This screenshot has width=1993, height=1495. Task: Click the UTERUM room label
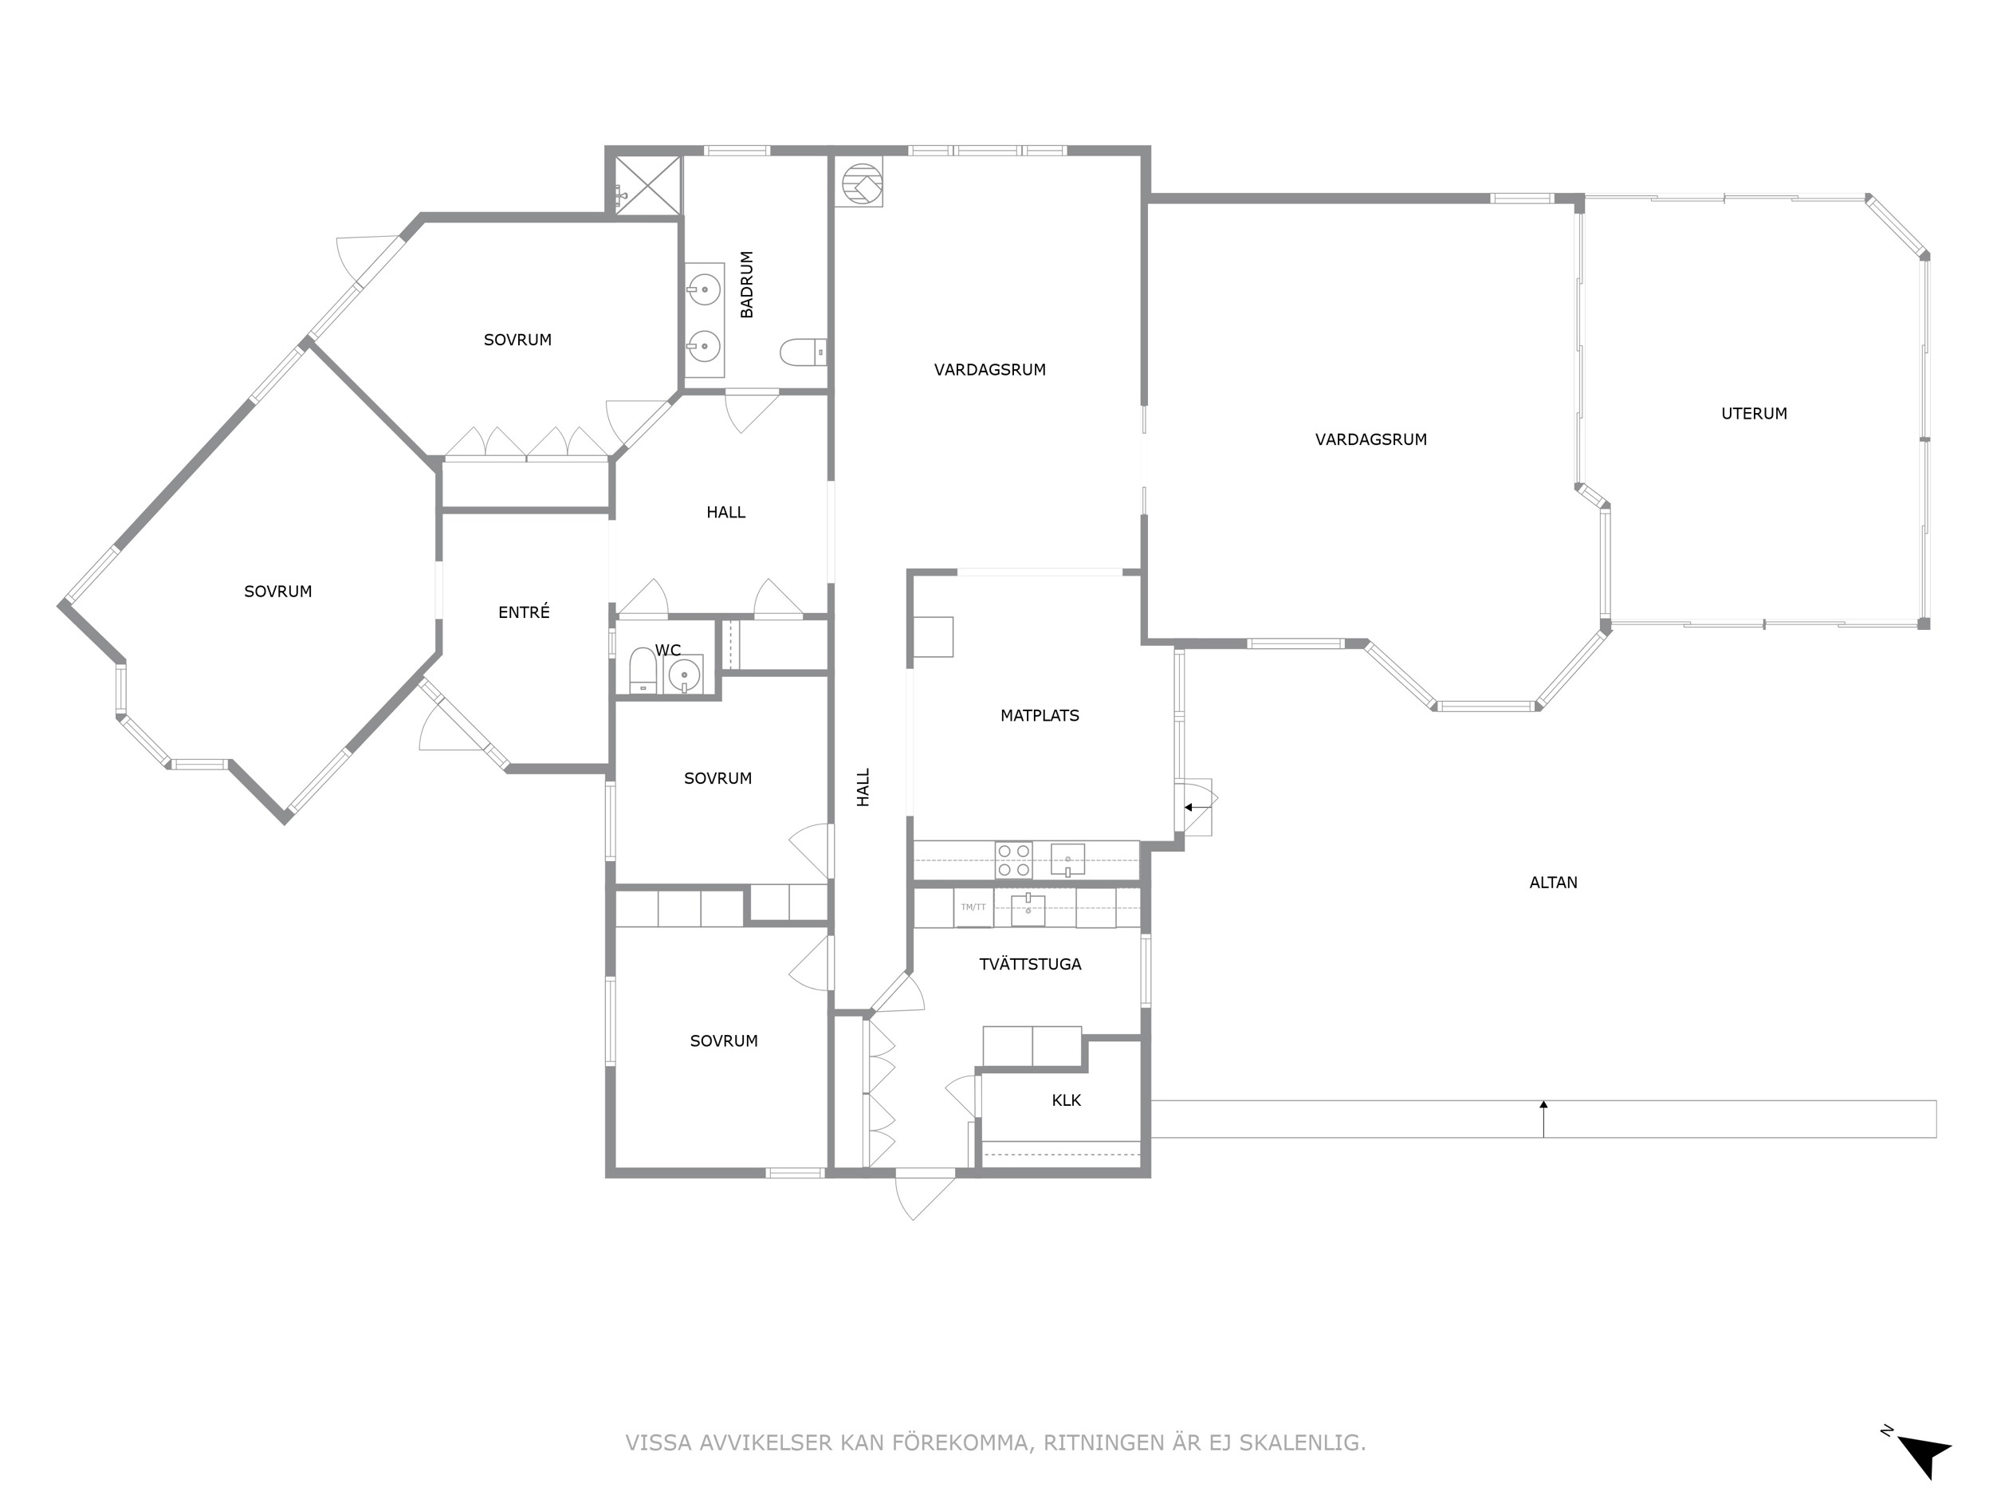[x=1753, y=414]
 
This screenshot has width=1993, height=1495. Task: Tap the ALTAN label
[x=1553, y=882]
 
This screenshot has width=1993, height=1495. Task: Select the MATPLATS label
[x=1039, y=715]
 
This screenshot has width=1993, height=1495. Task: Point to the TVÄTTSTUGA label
[x=1030, y=963]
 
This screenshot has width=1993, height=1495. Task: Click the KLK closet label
[x=1066, y=1100]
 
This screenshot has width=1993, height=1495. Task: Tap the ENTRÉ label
[x=524, y=612]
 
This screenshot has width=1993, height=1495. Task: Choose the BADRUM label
[x=747, y=285]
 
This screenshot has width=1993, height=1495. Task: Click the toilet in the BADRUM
[x=803, y=352]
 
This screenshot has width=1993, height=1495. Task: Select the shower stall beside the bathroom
[x=647, y=185]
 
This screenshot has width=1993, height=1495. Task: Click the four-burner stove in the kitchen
[x=1013, y=860]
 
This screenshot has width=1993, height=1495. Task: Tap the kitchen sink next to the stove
[x=1067, y=860]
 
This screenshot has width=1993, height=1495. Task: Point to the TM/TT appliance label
[x=973, y=907]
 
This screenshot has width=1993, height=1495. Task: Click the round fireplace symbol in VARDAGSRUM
[x=859, y=183]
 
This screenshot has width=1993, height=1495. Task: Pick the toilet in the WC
[x=643, y=671]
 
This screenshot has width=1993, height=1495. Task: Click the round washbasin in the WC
[x=685, y=674]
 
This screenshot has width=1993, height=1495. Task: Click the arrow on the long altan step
[x=1543, y=1119]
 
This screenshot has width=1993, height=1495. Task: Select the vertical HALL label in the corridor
[x=863, y=787]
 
